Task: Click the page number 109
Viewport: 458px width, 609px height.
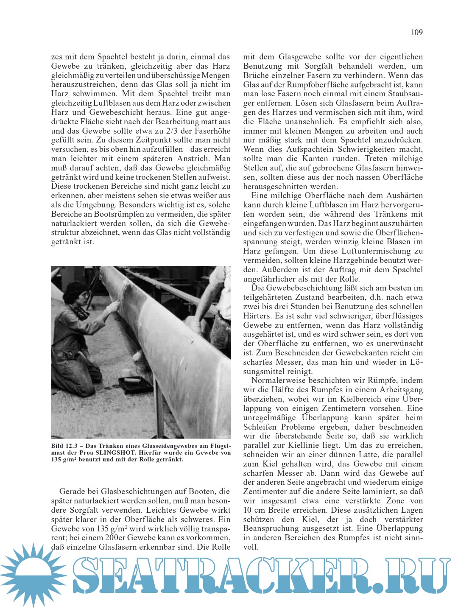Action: pyautogui.click(x=416, y=32)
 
